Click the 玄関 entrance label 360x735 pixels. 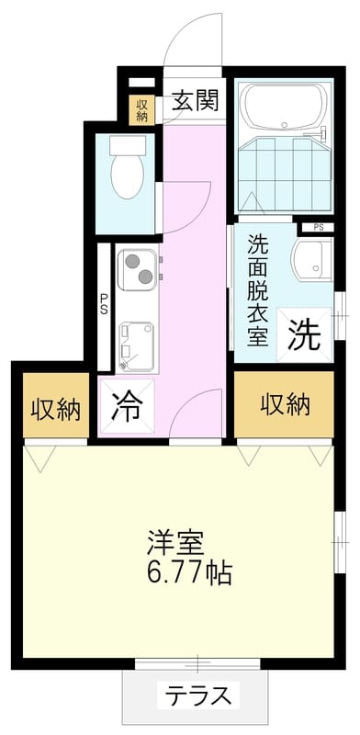[195, 100]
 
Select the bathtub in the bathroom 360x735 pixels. [284, 107]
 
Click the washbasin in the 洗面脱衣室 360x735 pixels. [311, 258]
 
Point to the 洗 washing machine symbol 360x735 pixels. [305, 334]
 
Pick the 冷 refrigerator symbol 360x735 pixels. [127, 406]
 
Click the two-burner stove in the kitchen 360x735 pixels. [138, 269]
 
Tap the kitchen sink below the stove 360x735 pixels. [136, 347]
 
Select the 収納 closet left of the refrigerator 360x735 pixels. [56, 406]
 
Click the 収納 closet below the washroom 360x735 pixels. [285, 405]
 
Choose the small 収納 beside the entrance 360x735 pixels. [141, 110]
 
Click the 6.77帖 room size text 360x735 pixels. [189, 572]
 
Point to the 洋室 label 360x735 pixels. [175, 544]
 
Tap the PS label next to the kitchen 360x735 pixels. [104, 305]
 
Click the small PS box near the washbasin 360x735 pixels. [318, 228]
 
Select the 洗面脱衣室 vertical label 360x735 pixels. [258, 289]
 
